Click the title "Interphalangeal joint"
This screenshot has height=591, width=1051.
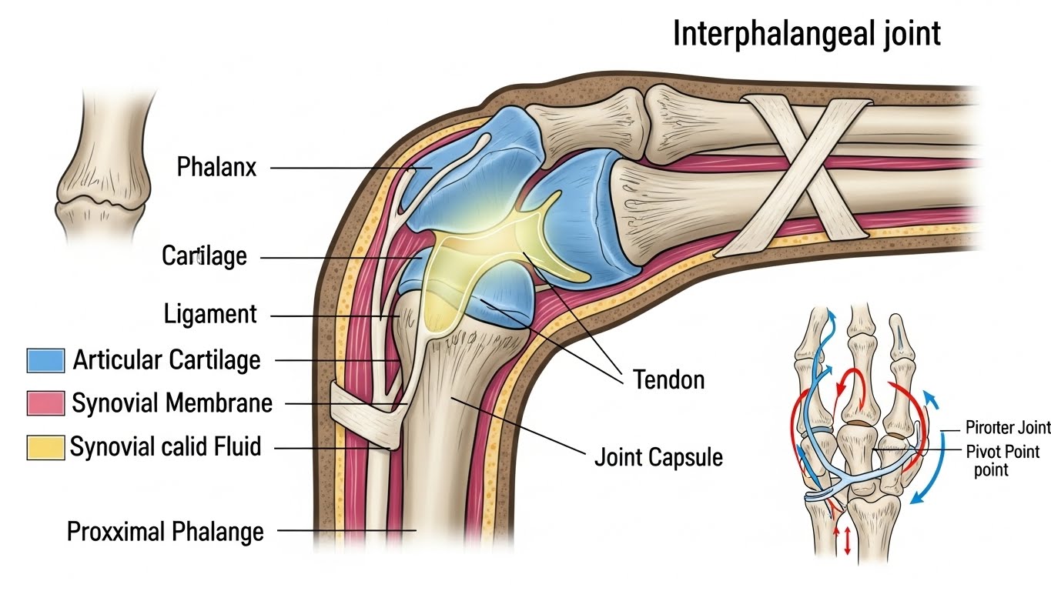click(x=806, y=35)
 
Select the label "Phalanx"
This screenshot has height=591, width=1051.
click(x=216, y=167)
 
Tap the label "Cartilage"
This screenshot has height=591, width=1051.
click(x=204, y=255)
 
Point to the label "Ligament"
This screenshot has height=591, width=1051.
click(x=210, y=314)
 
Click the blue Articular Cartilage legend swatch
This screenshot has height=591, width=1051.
click(x=45, y=359)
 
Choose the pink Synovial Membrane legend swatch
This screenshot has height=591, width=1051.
click(x=45, y=402)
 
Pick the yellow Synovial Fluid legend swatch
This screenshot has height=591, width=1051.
click(x=45, y=447)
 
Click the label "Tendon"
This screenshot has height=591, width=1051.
click(x=668, y=379)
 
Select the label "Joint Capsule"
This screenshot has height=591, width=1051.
click(x=658, y=457)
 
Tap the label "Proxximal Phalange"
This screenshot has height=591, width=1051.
click(x=166, y=531)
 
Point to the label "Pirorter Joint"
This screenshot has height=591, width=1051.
click(x=1007, y=428)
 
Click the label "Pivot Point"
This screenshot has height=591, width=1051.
click(x=1002, y=452)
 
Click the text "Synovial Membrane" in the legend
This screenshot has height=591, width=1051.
click(x=172, y=402)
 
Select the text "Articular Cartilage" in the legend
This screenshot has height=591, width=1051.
click(x=166, y=359)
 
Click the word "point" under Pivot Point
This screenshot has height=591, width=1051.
click(x=991, y=470)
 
